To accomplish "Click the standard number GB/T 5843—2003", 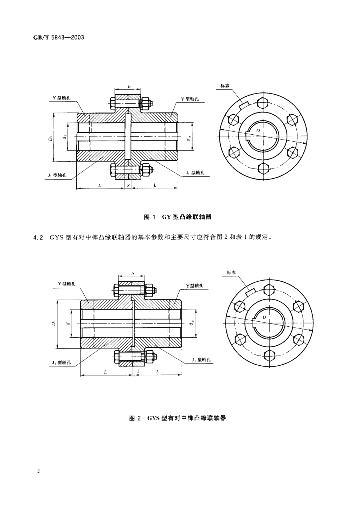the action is pos(59,37).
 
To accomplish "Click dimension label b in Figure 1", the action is pos(129,86).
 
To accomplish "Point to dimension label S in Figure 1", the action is pos(128,186).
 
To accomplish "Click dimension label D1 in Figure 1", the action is pos(51,137).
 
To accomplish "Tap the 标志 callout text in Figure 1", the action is pos(225,85).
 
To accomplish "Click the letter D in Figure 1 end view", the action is pos(258,130).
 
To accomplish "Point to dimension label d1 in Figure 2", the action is pos(68,323).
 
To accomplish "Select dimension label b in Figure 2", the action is pos(133,273).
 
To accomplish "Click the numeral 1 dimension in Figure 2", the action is pos(138,371).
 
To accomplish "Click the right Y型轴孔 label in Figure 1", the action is pos(190,99).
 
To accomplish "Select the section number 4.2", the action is pos(38,237).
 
